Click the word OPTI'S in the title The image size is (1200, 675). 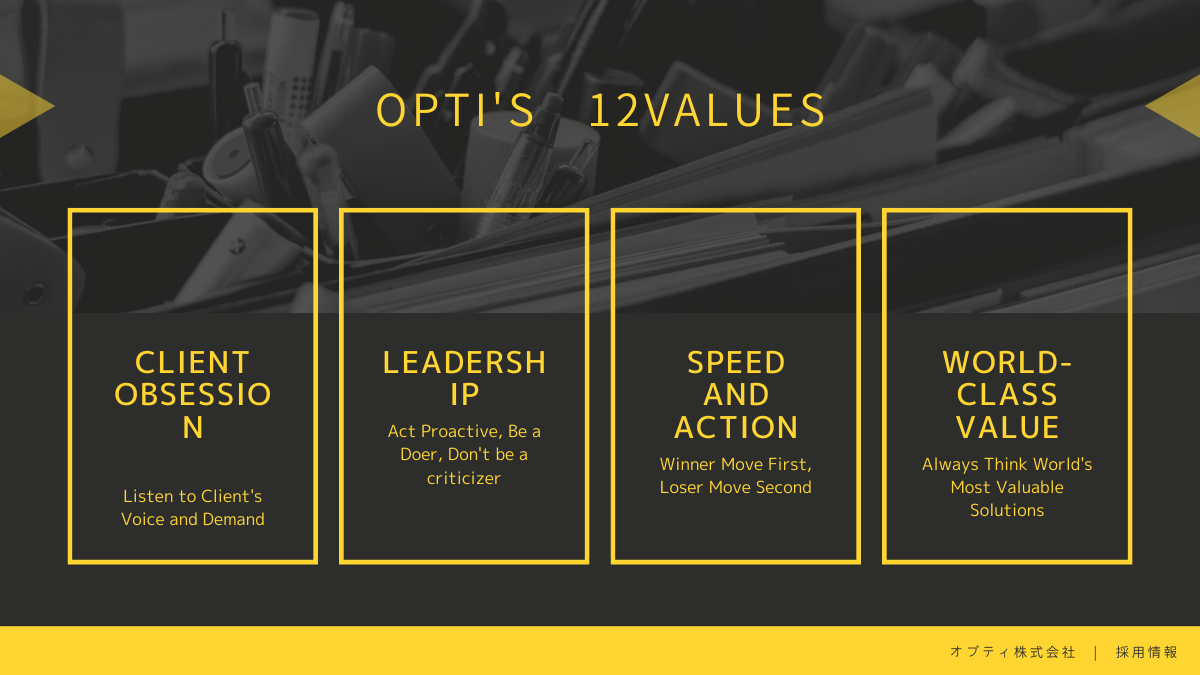pyautogui.click(x=455, y=110)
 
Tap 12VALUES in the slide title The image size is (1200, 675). pyautogui.click(x=707, y=110)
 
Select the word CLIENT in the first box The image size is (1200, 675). pyautogui.click(x=192, y=363)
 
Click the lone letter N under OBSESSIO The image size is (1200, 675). pyautogui.click(x=193, y=428)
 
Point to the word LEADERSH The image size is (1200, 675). pyautogui.click(x=464, y=363)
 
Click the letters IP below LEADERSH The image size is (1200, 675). pyautogui.click(x=464, y=395)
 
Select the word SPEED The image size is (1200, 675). pyautogui.click(x=736, y=363)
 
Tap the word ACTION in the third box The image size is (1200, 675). pyautogui.click(x=736, y=428)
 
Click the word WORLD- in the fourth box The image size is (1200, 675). pyautogui.click(x=1007, y=363)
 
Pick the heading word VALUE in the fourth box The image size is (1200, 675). pyautogui.click(x=1007, y=428)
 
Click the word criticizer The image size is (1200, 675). pyautogui.click(x=464, y=478)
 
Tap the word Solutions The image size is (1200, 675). pyautogui.click(x=1007, y=510)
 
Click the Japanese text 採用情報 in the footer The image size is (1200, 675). pyautogui.click(x=1146, y=652)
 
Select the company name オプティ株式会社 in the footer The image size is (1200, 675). pyautogui.click(x=1012, y=652)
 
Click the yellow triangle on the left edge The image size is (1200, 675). pyautogui.click(x=21, y=106)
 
